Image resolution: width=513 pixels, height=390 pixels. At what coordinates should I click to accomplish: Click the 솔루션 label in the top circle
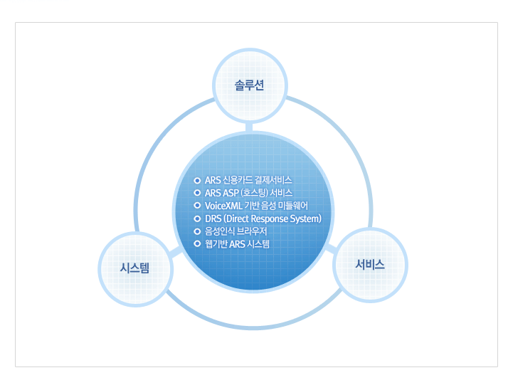[249, 85]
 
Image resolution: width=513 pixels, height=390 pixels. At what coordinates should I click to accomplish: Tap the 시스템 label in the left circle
[134, 268]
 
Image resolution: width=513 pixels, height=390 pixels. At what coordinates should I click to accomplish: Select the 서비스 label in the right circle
[370, 264]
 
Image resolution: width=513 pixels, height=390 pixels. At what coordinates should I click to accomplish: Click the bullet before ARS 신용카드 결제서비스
[197, 180]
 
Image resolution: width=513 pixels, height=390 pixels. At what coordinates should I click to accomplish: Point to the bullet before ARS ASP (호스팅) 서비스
[197, 193]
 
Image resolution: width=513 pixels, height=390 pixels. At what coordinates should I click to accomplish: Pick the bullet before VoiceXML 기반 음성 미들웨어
[197, 206]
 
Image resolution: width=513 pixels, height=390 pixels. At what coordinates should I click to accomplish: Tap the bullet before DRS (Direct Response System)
[197, 218]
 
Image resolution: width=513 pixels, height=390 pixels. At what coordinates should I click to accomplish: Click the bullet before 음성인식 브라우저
[197, 231]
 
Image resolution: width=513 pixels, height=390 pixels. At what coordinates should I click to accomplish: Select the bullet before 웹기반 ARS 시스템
[197, 243]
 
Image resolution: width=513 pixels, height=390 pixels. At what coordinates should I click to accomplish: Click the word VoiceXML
[223, 206]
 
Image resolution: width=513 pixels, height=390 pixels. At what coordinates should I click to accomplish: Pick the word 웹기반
[216, 244]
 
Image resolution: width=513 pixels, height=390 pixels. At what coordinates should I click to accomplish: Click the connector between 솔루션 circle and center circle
[249, 127]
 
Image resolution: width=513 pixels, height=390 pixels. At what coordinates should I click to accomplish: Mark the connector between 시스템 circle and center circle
[176, 253]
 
